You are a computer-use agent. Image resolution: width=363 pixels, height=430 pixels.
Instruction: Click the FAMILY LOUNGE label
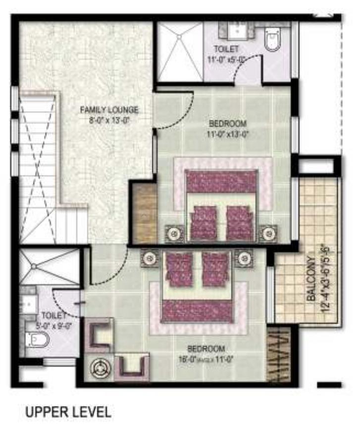point(109,110)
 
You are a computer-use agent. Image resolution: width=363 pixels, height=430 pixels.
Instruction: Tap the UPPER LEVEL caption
point(68,412)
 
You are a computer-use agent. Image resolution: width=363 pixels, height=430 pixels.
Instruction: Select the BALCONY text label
point(311,279)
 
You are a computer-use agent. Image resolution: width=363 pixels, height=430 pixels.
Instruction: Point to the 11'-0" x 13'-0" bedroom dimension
point(227,133)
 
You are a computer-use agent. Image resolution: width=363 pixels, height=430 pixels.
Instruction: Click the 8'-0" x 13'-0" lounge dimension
point(109,119)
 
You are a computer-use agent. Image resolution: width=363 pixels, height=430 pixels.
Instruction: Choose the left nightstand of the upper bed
point(173,233)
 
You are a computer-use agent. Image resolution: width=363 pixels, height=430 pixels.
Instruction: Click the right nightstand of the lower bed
point(243,257)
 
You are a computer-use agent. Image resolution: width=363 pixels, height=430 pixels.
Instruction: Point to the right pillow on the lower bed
point(214,268)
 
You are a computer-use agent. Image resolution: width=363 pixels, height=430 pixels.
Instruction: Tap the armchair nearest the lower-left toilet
point(100,334)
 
